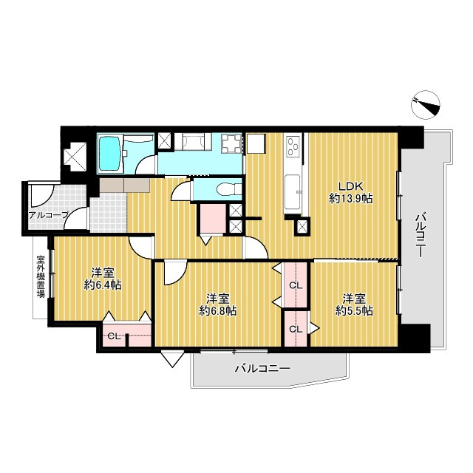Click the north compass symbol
pos(426,105)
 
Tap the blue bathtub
pos(110,154)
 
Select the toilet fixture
pos(228,189)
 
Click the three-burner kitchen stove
pos(293,146)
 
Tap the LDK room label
pos(351,186)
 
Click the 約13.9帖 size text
pos(350,199)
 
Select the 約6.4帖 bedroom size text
pos(103,285)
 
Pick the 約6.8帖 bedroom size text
pos(217,310)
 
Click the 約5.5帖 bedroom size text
pos(354,310)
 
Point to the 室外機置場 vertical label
pos(41,276)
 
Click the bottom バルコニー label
pos(263,368)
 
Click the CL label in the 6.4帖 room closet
pos(115,336)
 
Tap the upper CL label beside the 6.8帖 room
pos(296,285)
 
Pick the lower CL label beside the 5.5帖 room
pos(296,329)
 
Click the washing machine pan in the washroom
pos(231,143)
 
